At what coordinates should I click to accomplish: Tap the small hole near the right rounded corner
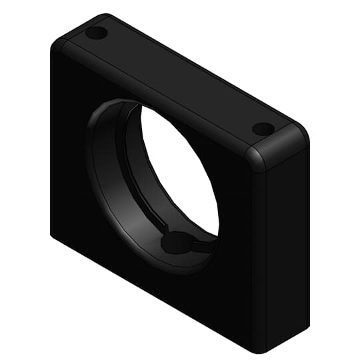(263, 128)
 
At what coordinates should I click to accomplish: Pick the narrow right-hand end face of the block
(287, 253)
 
